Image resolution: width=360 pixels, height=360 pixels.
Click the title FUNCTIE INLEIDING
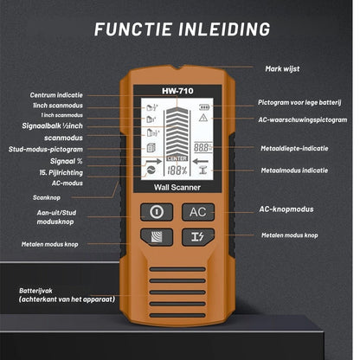180,29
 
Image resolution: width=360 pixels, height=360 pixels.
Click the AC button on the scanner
198,211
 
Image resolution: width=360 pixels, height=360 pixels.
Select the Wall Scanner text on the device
177,187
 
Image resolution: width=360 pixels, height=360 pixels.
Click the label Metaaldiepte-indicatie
294,148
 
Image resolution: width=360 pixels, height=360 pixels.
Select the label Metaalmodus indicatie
294,170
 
